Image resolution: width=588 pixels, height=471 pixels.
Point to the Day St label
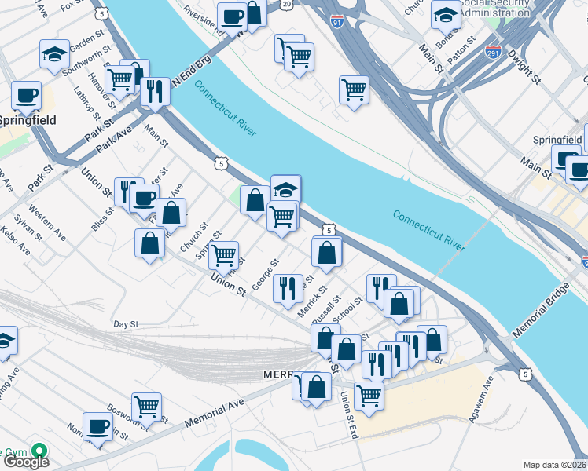click(x=126, y=323)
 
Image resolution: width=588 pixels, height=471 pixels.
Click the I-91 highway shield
click(x=337, y=21)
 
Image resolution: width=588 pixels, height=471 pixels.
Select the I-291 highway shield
click(x=494, y=53)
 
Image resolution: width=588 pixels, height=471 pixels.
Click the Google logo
click(x=25, y=462)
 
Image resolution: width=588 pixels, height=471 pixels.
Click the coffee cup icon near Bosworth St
click(x=98, y=425)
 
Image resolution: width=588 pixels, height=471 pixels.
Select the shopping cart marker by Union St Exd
click(x=369, y=394)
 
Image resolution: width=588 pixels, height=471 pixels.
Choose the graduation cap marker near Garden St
click(x=54, y=53)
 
